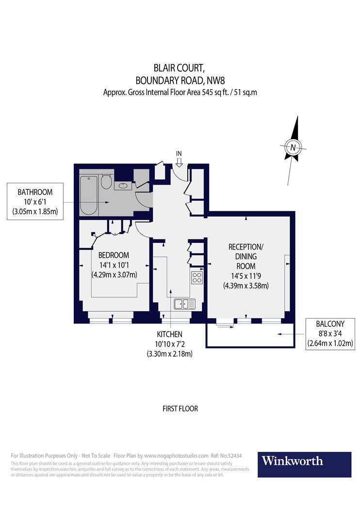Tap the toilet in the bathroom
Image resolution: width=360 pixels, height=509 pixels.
pos(106,182)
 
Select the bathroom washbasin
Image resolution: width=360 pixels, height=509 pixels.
pos(123,185)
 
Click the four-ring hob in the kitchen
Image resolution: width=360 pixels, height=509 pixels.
pos(197,278)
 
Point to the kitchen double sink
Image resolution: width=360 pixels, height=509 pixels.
pos(184,304)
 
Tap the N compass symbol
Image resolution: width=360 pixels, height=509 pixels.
pos(292,147)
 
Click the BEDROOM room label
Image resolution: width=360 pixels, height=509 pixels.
pos(114,255)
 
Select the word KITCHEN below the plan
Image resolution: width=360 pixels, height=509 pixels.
pos(169,334)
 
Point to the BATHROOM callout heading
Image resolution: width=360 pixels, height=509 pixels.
pos(35,192)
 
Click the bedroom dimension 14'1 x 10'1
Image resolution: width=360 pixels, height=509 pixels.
pos(114,265)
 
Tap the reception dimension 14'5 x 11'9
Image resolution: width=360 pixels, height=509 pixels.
pos(245,276)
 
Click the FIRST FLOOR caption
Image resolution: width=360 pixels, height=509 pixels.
pos(180,409)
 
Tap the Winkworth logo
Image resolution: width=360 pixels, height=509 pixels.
pos(306,461)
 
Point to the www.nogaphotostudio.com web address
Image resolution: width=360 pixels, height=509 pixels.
pos(176,456)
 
